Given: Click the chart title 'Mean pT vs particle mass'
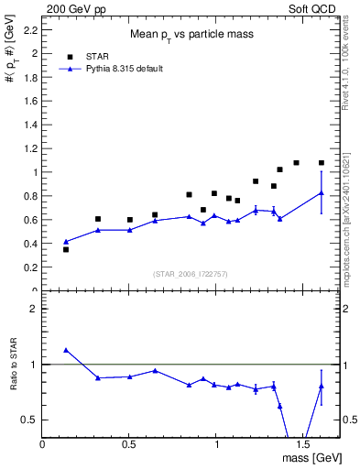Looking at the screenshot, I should tap(191, 35).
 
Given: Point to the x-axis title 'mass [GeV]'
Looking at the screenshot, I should tap(312, 457).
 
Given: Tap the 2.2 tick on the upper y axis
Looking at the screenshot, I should tap(28, 30).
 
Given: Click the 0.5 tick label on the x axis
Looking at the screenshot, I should tap(129, 443).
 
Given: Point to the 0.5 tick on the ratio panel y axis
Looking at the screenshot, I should tap(28, 420).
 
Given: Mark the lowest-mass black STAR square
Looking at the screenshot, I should tap(66, 249).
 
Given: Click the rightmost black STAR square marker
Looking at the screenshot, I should tap(321, 163).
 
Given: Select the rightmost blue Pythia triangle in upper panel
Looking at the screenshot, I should tap(321, 192).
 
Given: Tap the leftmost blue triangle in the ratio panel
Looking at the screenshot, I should tap(66, 350).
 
